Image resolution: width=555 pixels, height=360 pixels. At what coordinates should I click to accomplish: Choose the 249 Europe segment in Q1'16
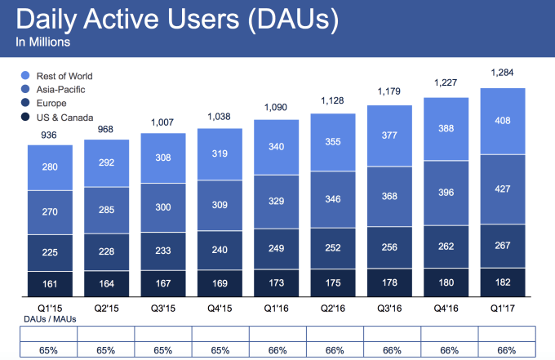pos(276,247)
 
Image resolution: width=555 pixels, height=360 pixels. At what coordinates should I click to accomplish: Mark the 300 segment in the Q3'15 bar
pos(162,207)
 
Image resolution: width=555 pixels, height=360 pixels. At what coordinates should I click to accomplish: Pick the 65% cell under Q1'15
pos(49,349)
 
